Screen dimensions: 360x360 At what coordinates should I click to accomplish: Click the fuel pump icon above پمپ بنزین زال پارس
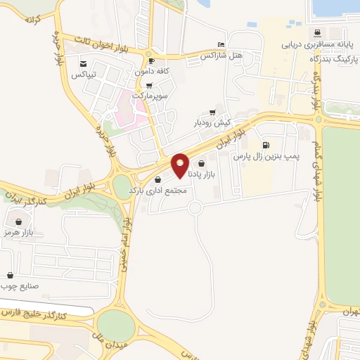click(x=264, y=146)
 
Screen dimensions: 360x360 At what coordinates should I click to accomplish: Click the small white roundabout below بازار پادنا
click(x=195, y=207)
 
